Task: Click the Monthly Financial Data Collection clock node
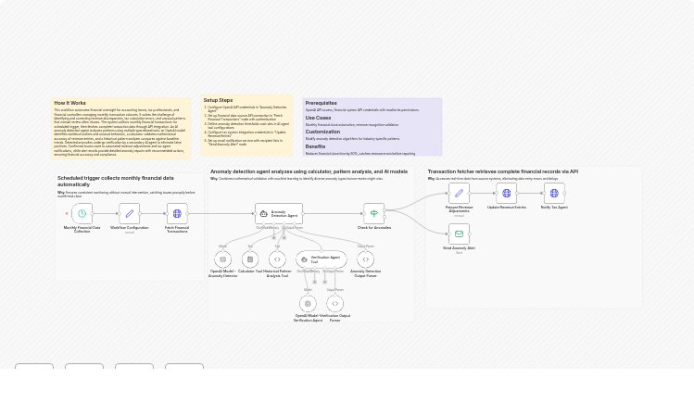coord(82,214)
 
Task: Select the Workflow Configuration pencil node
coord(129,214)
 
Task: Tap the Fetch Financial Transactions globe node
coord(177,214)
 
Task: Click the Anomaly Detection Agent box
coord(279,214)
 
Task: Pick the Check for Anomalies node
coord(373,214)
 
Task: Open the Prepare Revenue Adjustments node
coord(459,193)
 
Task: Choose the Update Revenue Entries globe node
coord(506,193)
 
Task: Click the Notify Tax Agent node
coord(554,193)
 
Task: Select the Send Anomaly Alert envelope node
coord(459,234)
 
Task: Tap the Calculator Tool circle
coord(250,260)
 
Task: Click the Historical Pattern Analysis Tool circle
coord(277,260)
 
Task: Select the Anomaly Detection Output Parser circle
coord(365,260)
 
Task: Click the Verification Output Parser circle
coord(334,303)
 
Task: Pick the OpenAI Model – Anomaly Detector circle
coord(222,260)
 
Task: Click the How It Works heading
coord(69,103)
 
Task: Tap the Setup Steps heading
coord(218,100)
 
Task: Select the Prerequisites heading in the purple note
coord(321,103)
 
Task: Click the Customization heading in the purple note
coord(322,132)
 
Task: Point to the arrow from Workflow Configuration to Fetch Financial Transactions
coord(153,214)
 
